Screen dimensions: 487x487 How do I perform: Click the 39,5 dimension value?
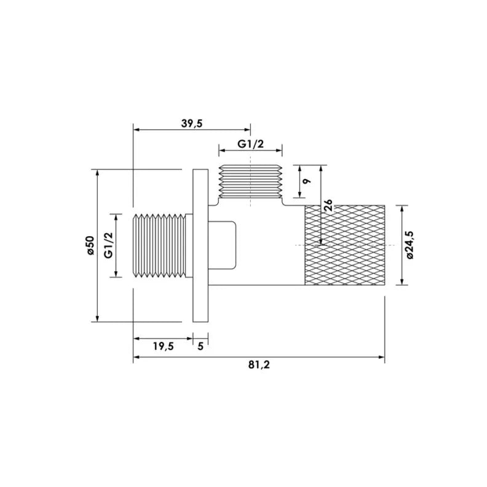coord(192,124)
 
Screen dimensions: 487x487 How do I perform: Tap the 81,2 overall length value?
coord(259,365)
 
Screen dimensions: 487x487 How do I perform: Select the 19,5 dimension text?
coord(163,346)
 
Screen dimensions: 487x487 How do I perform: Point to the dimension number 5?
coord(200,346)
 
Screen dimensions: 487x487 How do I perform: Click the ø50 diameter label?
coord(90,245)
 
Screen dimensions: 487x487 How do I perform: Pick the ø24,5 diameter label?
coord(410,245)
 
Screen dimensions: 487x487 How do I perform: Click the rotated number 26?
coord(328,205)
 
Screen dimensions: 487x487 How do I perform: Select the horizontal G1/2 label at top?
coord(251,144)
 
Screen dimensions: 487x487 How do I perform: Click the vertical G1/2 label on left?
coord(108,245)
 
